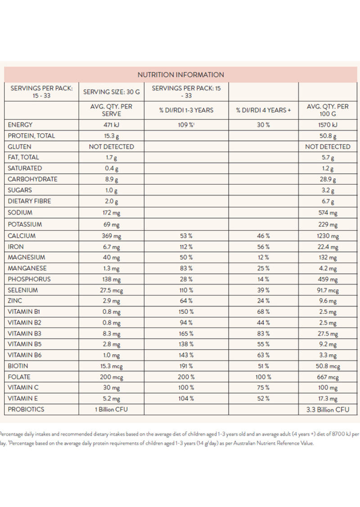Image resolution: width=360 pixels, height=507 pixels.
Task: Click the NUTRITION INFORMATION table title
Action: (x=180, y=75)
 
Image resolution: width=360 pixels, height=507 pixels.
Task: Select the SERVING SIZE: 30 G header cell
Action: (x=111, y=92)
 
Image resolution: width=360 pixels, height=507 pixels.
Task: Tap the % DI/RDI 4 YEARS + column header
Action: (x=263, y=110)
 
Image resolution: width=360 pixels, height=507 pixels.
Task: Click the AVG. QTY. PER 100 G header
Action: (x=328, y=110)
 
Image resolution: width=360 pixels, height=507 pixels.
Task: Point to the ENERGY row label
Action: (x=20, y=125)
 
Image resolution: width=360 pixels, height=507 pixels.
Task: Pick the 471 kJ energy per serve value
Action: (x=111, y=125)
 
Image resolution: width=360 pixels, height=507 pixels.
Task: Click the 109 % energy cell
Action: (x=186, y=125)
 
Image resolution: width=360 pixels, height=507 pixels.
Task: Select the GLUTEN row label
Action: (x=20, y=146)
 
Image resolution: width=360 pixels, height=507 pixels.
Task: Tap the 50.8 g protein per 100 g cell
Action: (x=328, y=136)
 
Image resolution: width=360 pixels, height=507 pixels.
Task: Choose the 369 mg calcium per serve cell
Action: (x=111, y=236)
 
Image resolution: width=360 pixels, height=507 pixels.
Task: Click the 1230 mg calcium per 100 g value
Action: (x=328, y=236)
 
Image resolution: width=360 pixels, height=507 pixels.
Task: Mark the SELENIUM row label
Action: (x=23, y=290)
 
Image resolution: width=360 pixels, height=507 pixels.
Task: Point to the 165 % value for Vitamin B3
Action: (x=186, y=334)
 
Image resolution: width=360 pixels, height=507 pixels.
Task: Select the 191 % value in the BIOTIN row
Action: (x=186, y=366)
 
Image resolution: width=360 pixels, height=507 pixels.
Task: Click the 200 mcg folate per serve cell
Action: (x=111, y=377)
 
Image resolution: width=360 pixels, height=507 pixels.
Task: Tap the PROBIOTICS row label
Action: (x=26, y=409)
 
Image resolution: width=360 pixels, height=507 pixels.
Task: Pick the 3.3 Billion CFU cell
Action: (x=328, y=410)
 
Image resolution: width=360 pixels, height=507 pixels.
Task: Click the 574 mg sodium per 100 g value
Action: (x=328, y=213)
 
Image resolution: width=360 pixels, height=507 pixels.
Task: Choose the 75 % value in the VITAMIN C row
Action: (x=263, y=388)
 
